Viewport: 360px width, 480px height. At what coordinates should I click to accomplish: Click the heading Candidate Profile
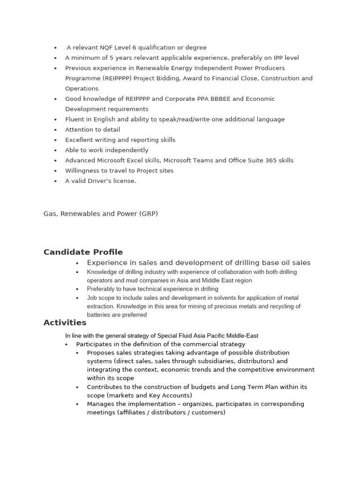coord(83,252)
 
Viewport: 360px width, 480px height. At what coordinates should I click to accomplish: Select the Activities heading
coord(65,322)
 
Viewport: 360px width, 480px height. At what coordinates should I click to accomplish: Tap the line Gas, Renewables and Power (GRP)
coord(101,214)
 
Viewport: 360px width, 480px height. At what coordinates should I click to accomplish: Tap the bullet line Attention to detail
coord(92,129)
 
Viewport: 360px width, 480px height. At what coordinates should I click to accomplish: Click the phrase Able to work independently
coord(106,150)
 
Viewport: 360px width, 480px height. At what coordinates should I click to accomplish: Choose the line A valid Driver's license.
coord(100,181)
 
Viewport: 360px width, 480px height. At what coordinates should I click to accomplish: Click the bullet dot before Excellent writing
coord(55,140)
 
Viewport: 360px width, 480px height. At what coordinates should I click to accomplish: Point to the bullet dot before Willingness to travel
coord(55,171)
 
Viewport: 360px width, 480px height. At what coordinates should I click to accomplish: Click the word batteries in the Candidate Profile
coord(99,315)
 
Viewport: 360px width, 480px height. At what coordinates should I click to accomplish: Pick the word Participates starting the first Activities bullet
coord(95,344)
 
